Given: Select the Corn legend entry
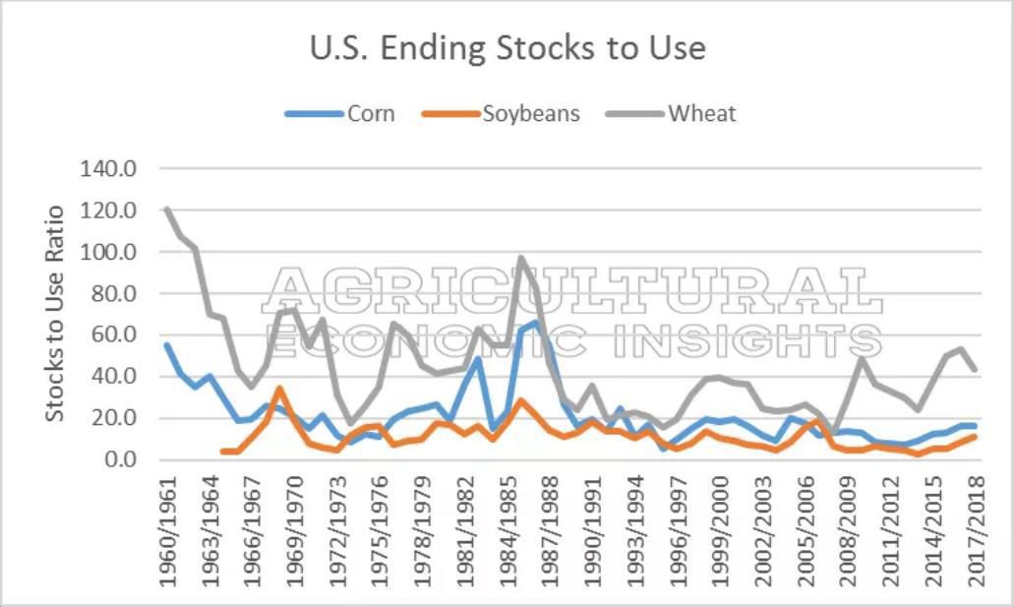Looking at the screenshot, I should pos(370,113).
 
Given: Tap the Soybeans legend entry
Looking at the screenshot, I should pos(530,113).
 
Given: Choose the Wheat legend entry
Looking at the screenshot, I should pos(701,113).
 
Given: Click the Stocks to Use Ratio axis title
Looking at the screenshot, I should pos(55,313).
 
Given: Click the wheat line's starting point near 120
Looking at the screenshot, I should pos(166,209).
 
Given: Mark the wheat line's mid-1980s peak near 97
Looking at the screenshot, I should pos(521,258).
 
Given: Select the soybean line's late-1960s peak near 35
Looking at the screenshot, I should pos(278,388).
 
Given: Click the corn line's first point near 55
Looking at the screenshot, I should pos(166,344).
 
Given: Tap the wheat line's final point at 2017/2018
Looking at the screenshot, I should pos(975,370).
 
